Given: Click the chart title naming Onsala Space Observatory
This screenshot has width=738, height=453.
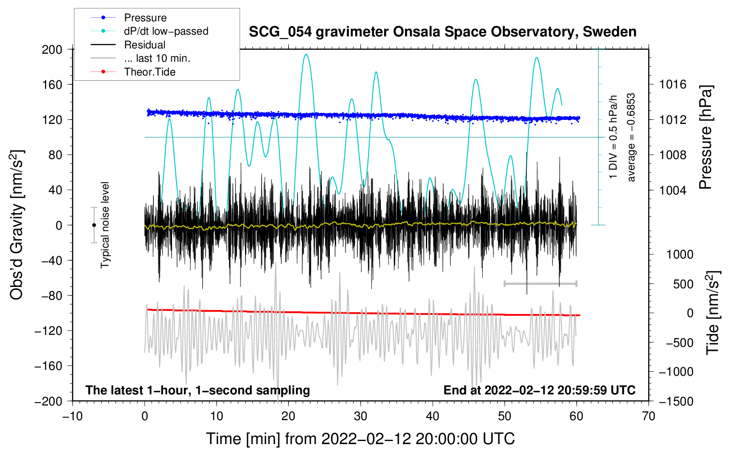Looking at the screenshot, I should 442,32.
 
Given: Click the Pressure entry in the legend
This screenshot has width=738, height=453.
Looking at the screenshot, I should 145,18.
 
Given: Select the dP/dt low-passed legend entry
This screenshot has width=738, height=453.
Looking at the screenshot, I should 166,31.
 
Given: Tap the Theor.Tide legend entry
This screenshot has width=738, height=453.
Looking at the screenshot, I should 149,72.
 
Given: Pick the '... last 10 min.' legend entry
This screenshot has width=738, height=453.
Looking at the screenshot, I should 157,58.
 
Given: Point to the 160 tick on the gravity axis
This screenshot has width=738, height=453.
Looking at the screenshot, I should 52,84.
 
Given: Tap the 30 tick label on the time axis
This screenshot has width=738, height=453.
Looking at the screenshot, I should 361,416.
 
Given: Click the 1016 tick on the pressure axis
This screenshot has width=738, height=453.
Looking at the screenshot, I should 673,84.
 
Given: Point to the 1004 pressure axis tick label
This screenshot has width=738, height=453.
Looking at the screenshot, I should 673,190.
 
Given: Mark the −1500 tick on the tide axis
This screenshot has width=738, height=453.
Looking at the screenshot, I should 676,401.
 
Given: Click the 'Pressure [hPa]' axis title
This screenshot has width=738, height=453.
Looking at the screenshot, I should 706,137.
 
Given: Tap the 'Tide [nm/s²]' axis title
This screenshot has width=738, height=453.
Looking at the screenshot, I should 713,313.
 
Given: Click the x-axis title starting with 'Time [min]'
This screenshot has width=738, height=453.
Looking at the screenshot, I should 360,439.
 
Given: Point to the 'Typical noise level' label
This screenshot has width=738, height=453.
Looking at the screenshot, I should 105,225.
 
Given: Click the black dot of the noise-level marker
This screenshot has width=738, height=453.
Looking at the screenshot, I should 94,225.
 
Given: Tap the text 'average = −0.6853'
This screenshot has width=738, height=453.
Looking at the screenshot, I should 631,137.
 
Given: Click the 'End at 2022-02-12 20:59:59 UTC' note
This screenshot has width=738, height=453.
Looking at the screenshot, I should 539,390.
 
